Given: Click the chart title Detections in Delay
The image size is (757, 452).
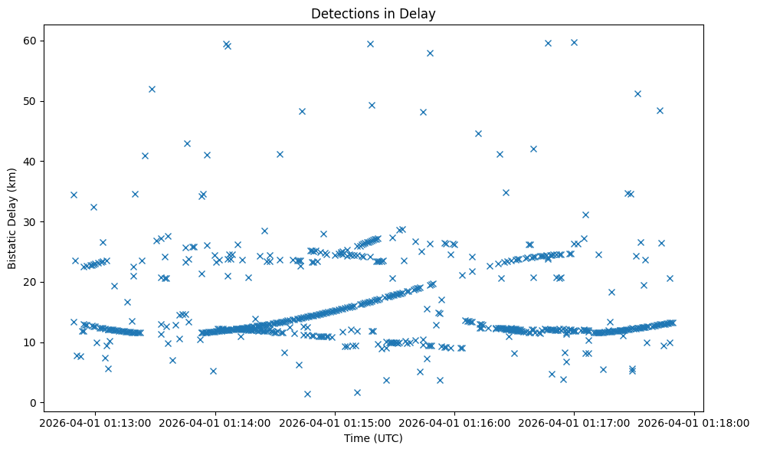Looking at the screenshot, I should (372, 13).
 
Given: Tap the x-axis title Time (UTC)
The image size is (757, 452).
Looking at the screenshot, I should (372, 438).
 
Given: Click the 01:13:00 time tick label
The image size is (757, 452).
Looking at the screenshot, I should (96, 421).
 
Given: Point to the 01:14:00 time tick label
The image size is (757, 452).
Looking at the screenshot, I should (215, 421).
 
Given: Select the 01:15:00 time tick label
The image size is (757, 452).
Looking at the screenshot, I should (335, 421).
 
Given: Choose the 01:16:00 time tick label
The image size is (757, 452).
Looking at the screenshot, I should (454, 421).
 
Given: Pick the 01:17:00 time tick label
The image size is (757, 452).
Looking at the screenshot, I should (574, 421).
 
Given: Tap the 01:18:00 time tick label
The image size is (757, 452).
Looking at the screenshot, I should (693, 421).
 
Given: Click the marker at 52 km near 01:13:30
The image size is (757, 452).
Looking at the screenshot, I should (152, 89).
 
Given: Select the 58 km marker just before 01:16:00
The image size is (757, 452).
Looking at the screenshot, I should (430, 53).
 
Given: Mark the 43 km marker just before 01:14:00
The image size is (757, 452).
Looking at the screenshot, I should (187, 143).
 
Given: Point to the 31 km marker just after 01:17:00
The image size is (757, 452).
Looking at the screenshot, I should (585, 215).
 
